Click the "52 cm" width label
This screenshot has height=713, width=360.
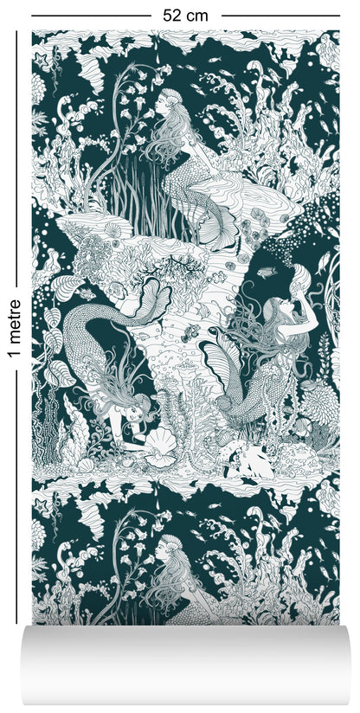point(180,15)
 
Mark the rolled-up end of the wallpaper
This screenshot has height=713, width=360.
point(180,666)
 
